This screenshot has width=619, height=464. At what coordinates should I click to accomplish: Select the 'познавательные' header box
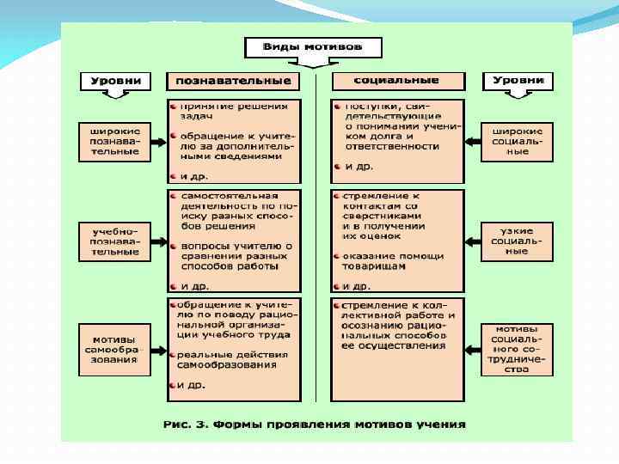tap(233, 82)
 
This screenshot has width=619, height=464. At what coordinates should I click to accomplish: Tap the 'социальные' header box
tap(397, 81)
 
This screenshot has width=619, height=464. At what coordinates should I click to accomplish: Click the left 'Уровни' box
tap(115, 81)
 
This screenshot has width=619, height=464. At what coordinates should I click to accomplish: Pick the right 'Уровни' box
tap(518, 81)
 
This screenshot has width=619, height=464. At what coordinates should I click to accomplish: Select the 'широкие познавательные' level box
tap(114, 141)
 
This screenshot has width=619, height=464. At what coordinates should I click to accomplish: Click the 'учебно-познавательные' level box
tap(114, 241)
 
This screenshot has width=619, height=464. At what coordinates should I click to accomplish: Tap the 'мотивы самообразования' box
tap(114, 349)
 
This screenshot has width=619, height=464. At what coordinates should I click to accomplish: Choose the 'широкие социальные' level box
tap(518, 141)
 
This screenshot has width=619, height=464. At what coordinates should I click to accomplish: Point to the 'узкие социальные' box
tap(518, 241)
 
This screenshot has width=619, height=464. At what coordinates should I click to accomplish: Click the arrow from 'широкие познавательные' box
tap(159, 141)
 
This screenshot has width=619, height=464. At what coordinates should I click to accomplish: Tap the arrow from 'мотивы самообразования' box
tap(159, 349)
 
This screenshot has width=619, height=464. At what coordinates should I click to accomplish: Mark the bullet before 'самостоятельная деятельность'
tap(174, 197)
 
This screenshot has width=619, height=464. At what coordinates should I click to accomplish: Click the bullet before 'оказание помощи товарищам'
tap(336, 256)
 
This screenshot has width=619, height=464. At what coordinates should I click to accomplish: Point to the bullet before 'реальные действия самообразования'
tap(174, 354)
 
